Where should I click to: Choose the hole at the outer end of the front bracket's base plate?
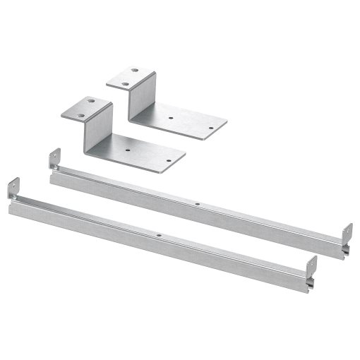pyautogui.click(x=168, y=162)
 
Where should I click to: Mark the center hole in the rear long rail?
pyautogui.click(x=198, y=204)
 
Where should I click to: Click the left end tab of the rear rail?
pyautogui.click(x=54, y=158)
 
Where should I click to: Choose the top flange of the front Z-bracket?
pyautogui.click(x=87, y=107)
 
